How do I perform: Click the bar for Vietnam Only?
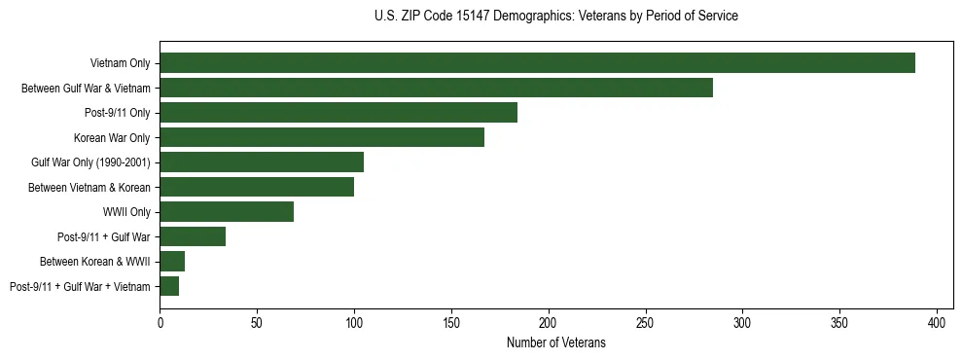point(537,63)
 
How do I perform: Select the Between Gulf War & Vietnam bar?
point(436,88)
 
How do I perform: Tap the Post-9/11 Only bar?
point(338,113)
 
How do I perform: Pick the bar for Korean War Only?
point(322,137)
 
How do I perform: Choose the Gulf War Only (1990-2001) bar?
point(262,162)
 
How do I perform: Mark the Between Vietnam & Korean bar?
point(257,187)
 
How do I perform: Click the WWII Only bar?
point(227,212)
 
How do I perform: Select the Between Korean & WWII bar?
point(172,262)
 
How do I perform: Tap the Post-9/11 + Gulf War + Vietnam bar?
point(169,286)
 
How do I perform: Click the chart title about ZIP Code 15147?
point(555,17)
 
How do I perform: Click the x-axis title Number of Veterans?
point(555,342)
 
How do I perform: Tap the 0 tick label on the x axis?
point(160,321)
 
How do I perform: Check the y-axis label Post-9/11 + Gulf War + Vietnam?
point(80,286)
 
